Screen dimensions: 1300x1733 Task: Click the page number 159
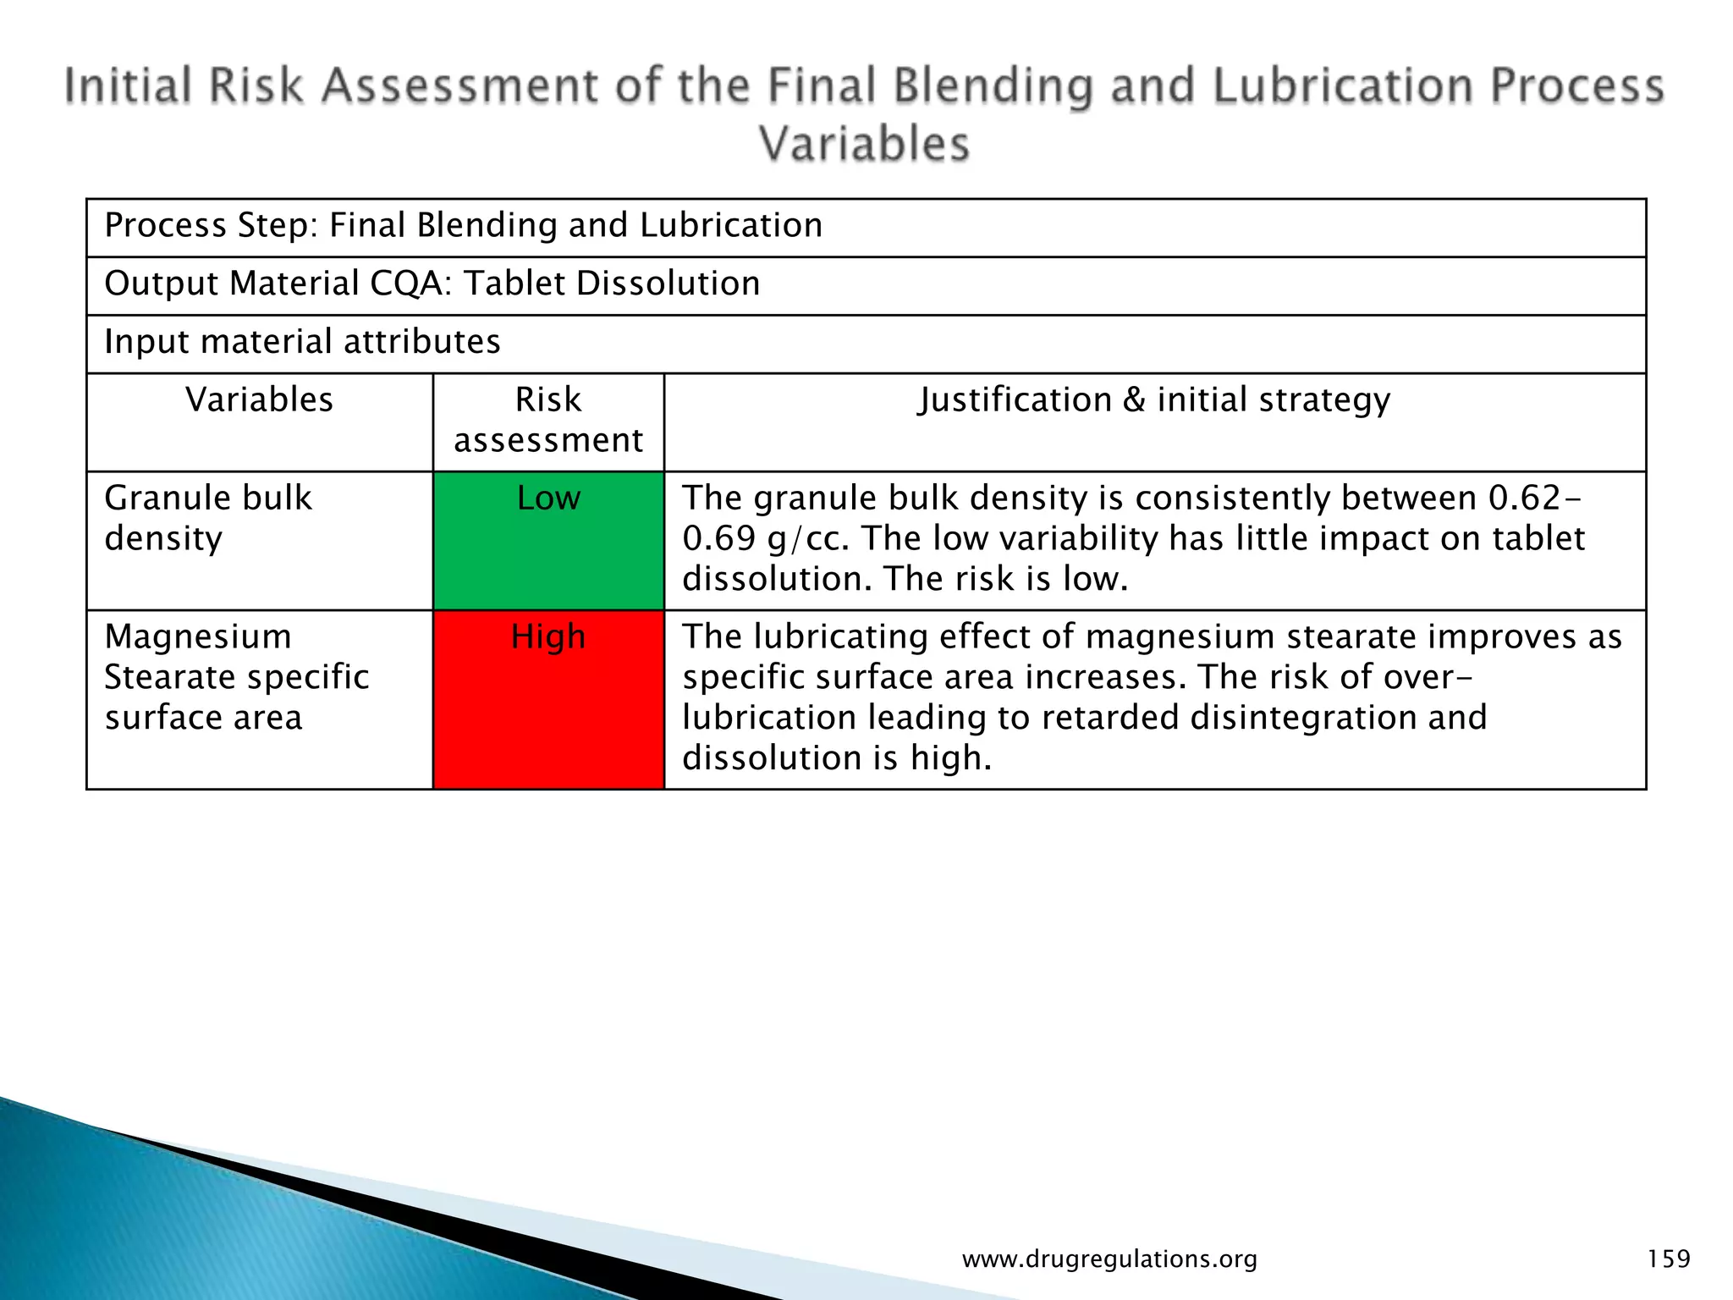tap(1668, 1259)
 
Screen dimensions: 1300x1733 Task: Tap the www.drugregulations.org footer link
tap(1109, 1259)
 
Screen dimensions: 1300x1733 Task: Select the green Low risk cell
tap(548, 541)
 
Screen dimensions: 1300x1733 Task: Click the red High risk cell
tap(548, 700)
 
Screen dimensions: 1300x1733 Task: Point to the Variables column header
tap(260, 400)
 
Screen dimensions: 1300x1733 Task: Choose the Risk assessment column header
tap(548, 420)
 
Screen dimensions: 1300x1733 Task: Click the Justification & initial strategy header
tap(1154, 400)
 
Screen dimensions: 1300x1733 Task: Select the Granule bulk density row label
tap(208, 518)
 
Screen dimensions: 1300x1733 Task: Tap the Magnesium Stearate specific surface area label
tap(236, 677)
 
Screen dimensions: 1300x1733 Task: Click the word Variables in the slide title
tap(864, 144)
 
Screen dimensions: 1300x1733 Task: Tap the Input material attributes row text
tap(302, 342)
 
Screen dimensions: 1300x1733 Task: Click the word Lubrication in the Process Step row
tap(730, 226)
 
